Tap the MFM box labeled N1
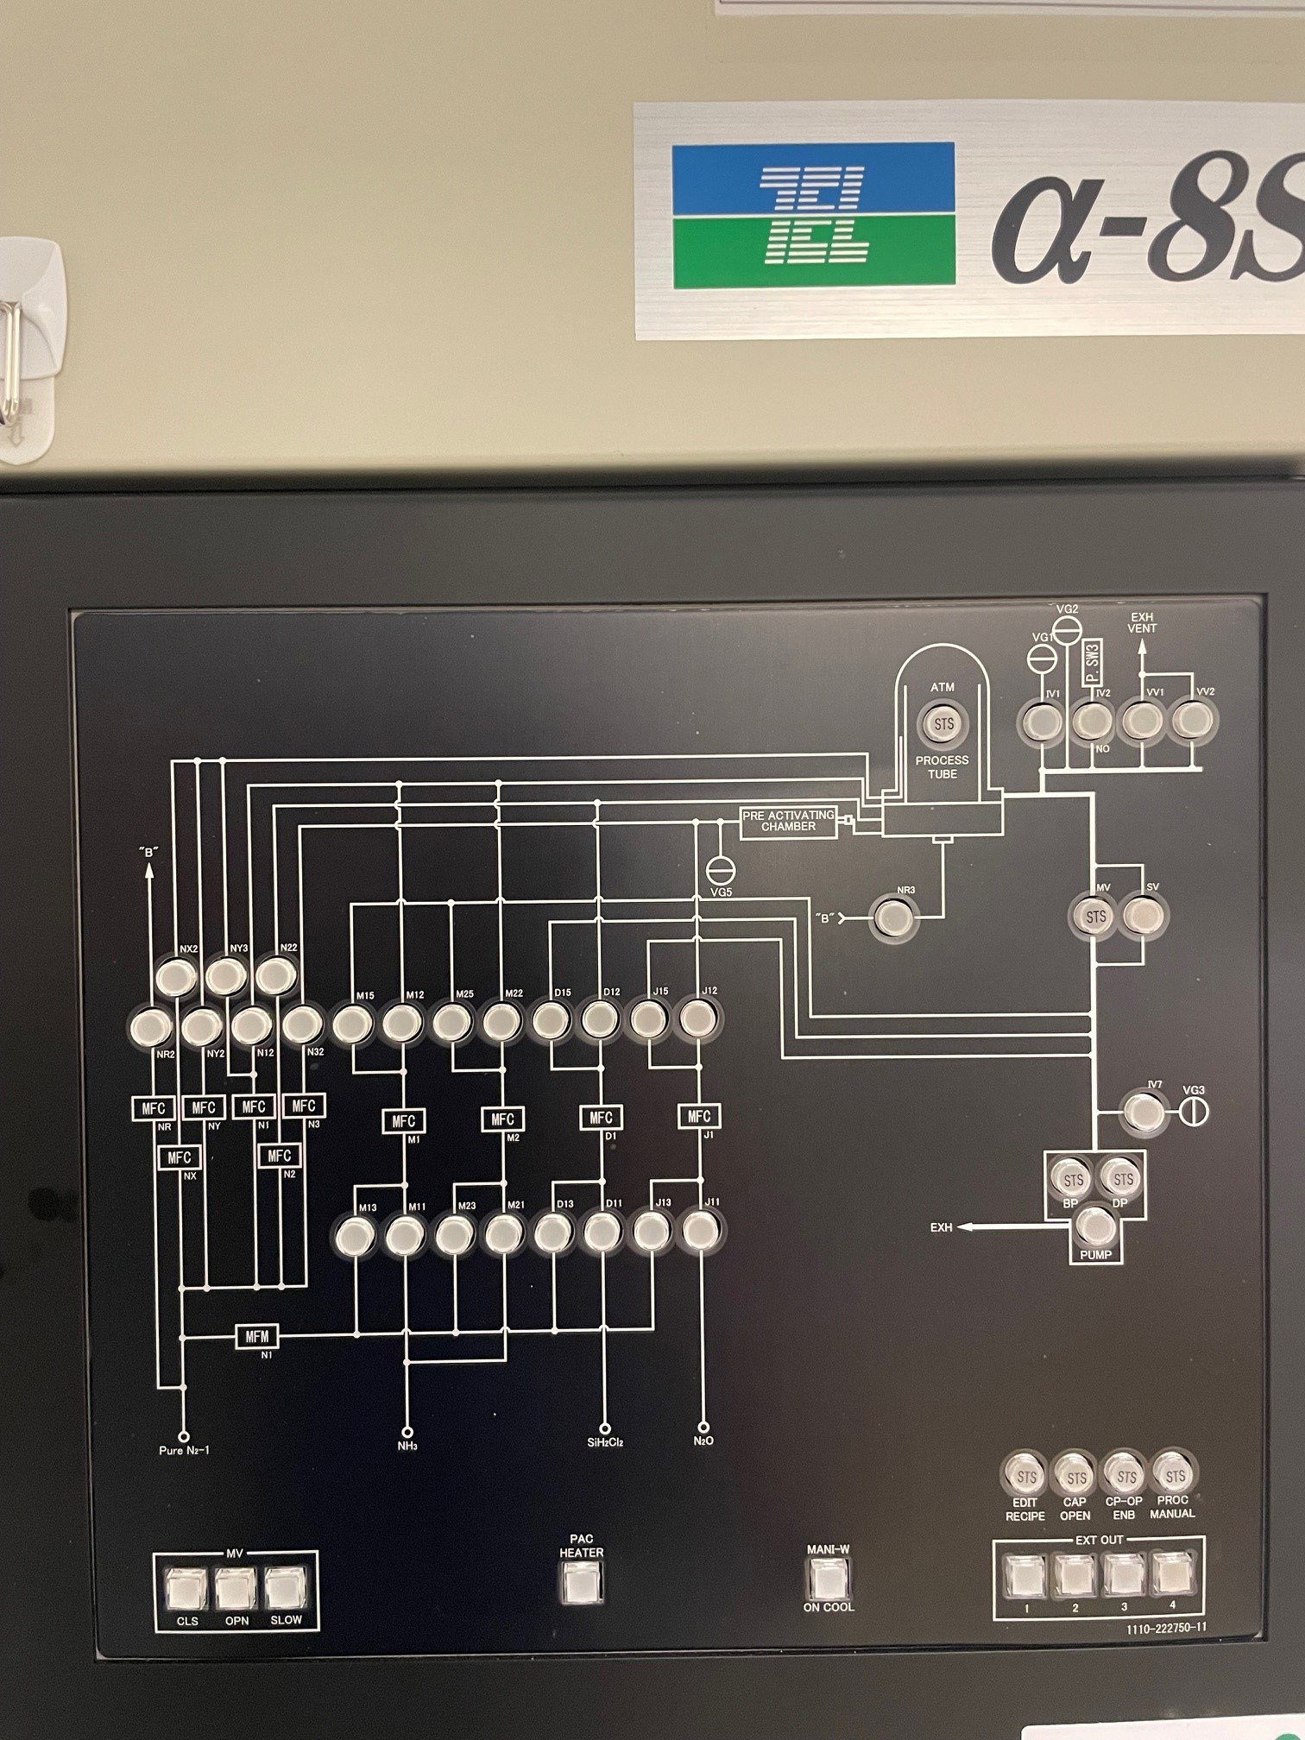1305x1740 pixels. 257,1337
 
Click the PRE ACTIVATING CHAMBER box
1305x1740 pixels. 789,821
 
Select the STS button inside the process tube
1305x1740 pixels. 943,723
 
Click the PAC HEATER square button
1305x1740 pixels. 582,1582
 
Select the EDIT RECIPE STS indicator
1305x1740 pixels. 1025,1478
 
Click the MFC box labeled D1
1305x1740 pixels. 602,1118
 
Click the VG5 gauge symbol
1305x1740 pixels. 717,867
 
